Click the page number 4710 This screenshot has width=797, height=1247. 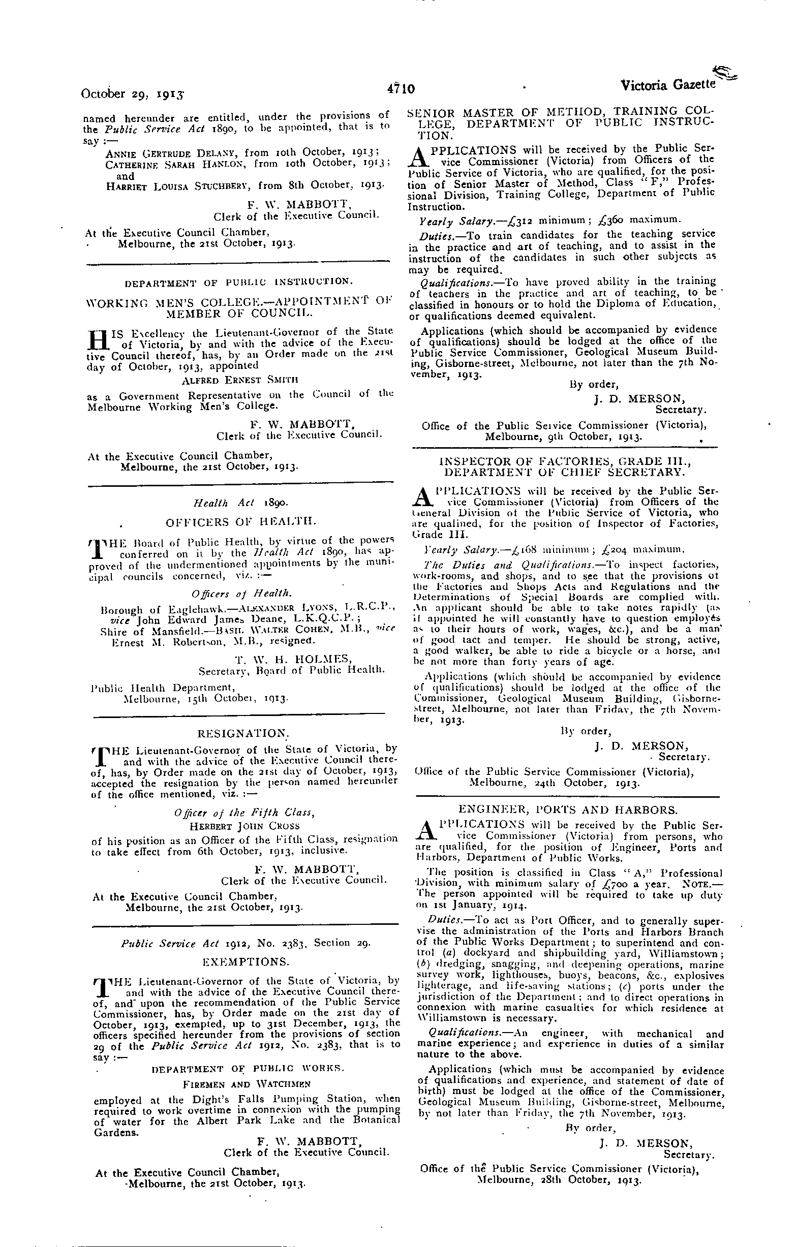pyautogui.click(x=401, y=88)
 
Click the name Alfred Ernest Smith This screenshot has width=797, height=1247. pyautogui.click(x=240, y=380)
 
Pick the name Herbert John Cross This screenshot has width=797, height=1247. pyautogui.click(x=244, y=826)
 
